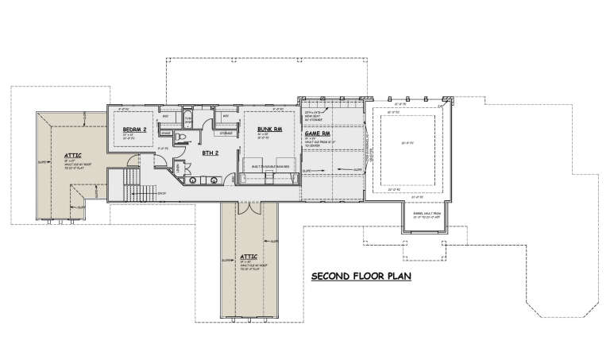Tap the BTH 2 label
click(x=210, y=153)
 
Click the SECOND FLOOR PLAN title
click(x=362, y=277)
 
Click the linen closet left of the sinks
click(x=178, y=168)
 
